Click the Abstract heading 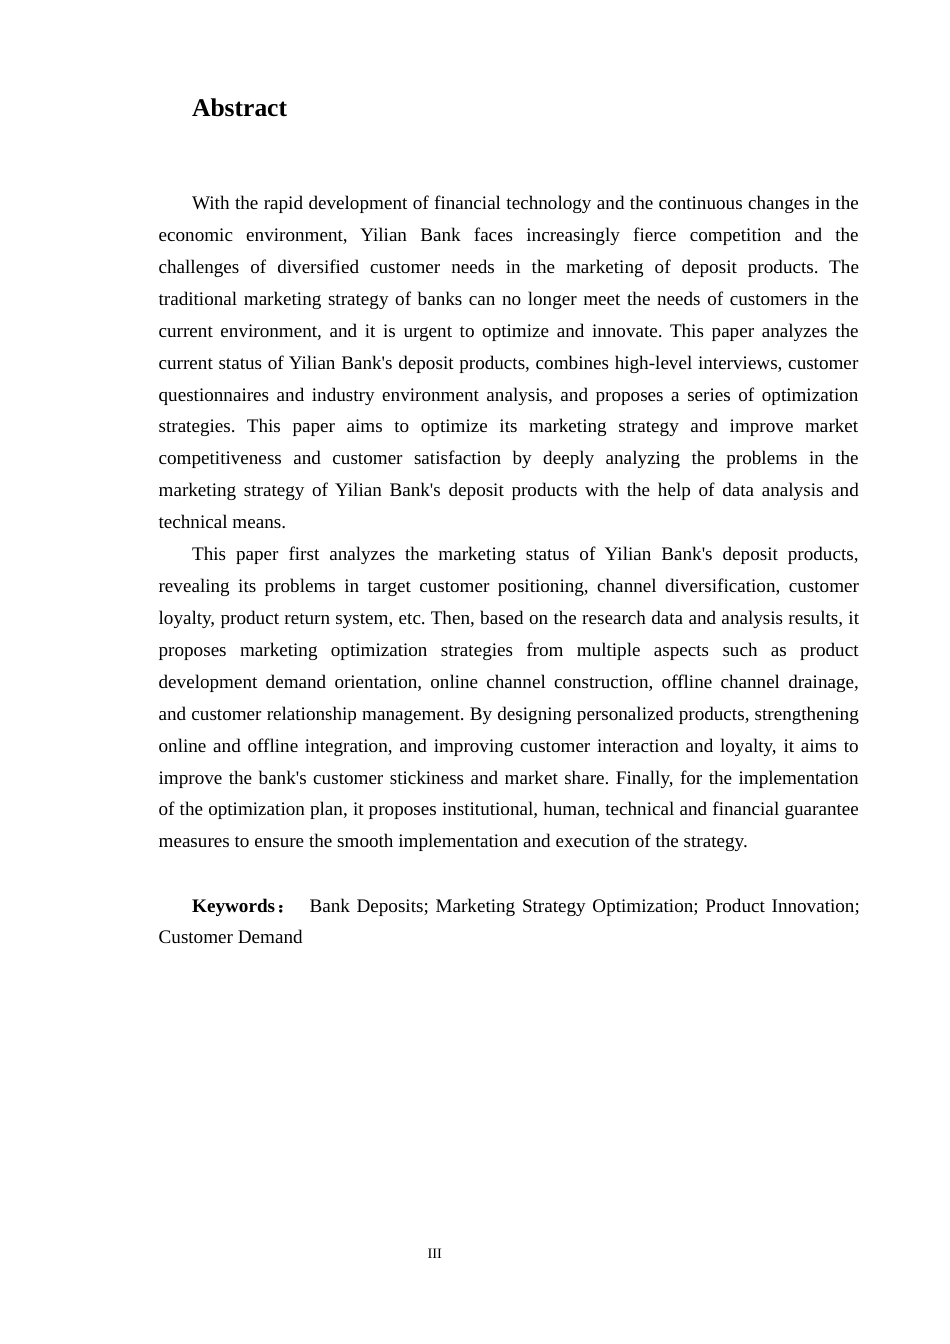click(239, 108)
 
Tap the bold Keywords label click(233, 906)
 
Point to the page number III click(434, 1253)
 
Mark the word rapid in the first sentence click(282, 203)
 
